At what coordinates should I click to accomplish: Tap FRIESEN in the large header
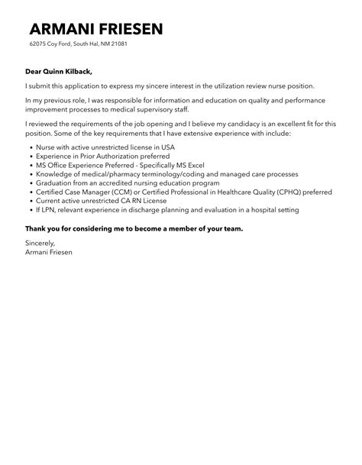coord(130,30)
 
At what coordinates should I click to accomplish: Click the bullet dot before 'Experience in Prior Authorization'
coord(30,154)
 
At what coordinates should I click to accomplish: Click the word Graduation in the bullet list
coord(53,182)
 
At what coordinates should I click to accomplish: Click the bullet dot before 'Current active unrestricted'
coord(30,200)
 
